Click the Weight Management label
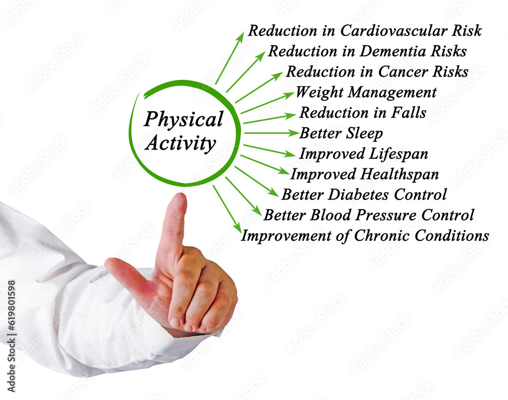[366, 93]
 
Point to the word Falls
[408, 112]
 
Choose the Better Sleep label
[341, 133]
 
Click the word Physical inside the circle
[184, 120]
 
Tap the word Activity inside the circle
[180, 143]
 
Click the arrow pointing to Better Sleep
[271, 133]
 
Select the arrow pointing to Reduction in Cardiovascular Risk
[230, 58]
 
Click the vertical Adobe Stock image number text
[11, 336]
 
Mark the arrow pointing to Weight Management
[268, 103]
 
